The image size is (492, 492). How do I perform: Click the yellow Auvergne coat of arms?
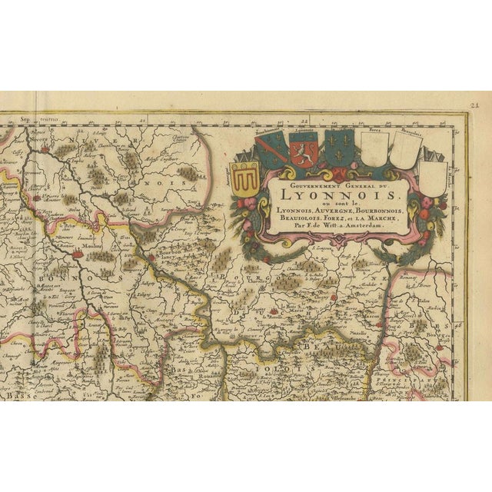(x=245, y=181)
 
